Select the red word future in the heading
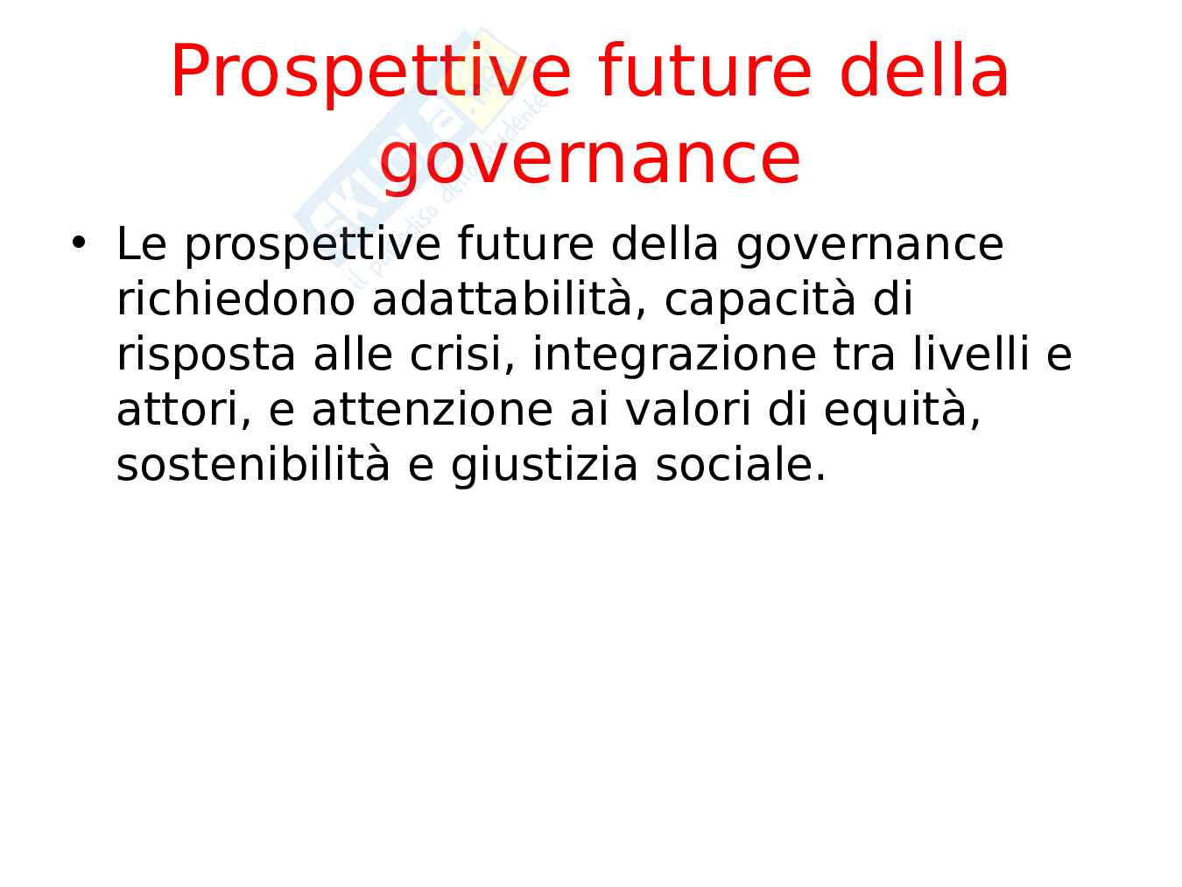tap(704, 70)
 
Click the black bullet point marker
tap(79, 242)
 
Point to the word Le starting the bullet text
tap(142, 243)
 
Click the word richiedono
tap(236, 299)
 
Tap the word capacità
tap(760, 300)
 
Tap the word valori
tap(688, 408)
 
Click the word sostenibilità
tap(253, 464)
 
